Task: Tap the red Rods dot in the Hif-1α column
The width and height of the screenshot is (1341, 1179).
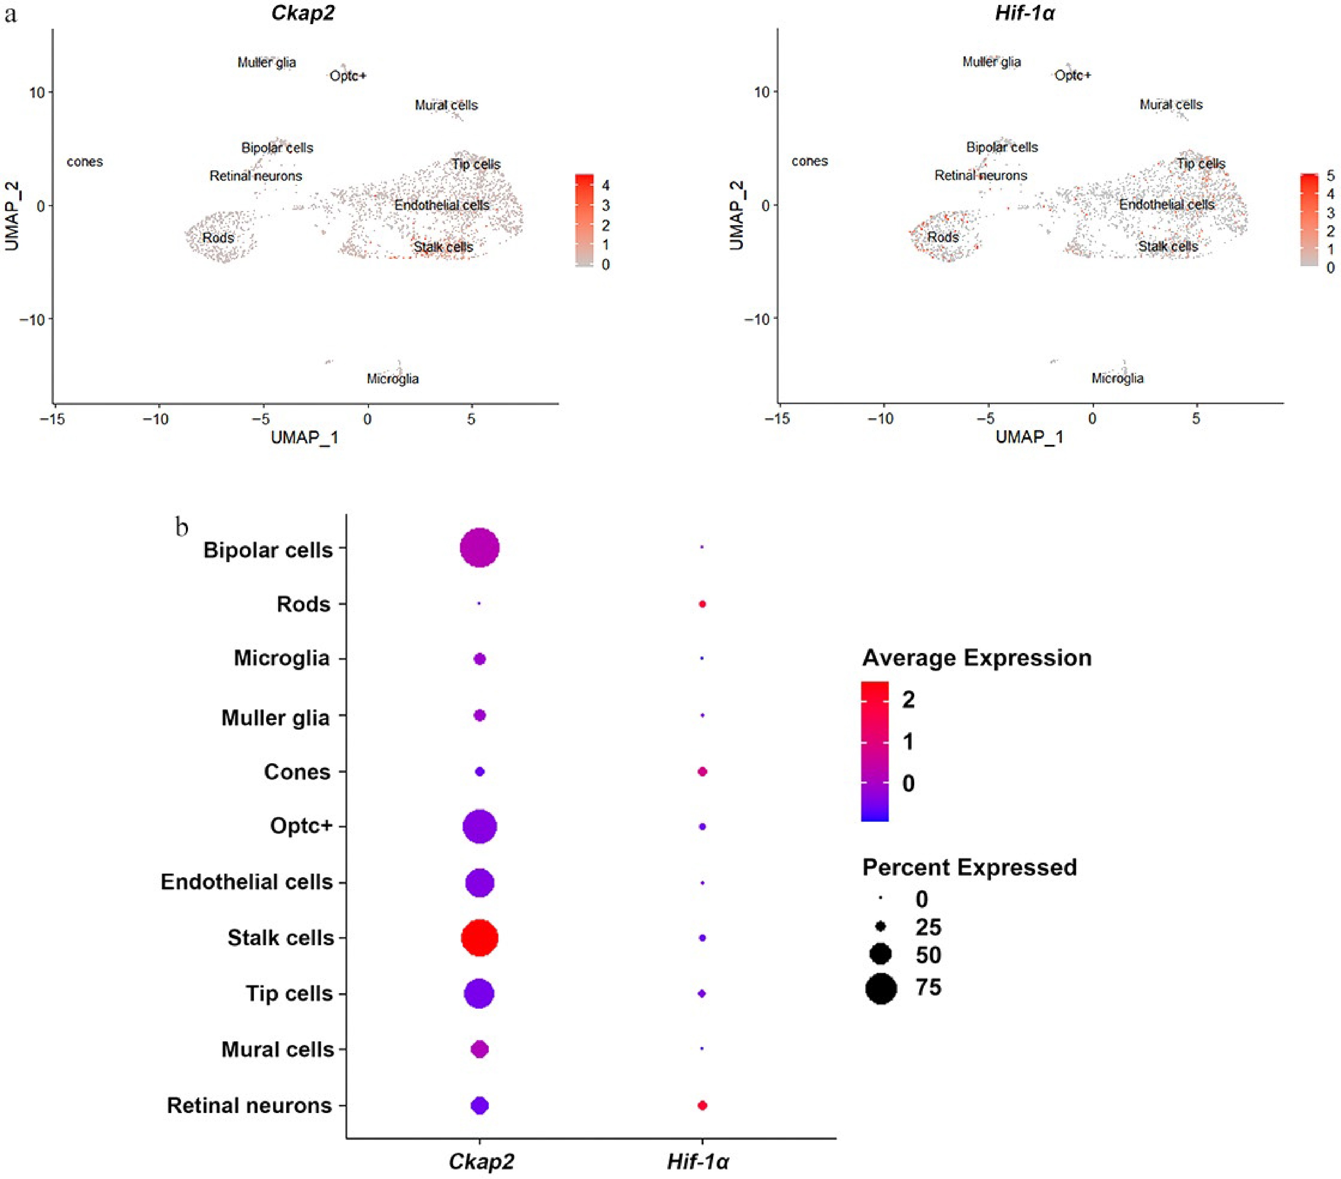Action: [702, 604]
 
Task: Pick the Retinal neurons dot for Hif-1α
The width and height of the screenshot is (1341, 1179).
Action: [702, 1106]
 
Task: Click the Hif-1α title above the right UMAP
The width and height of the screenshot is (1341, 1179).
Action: [1025, 13]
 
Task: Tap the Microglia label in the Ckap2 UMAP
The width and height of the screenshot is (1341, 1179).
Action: [392, 378]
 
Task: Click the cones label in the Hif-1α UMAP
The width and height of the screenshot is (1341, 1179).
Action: [810, 161]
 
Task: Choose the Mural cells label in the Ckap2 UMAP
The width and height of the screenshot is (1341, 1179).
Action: [446, 105]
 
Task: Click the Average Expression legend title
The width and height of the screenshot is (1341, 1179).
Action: [976, 658]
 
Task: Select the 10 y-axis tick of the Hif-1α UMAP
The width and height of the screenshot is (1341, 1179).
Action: [761, 92]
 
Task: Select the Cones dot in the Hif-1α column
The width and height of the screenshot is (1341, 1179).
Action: [702, 771]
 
